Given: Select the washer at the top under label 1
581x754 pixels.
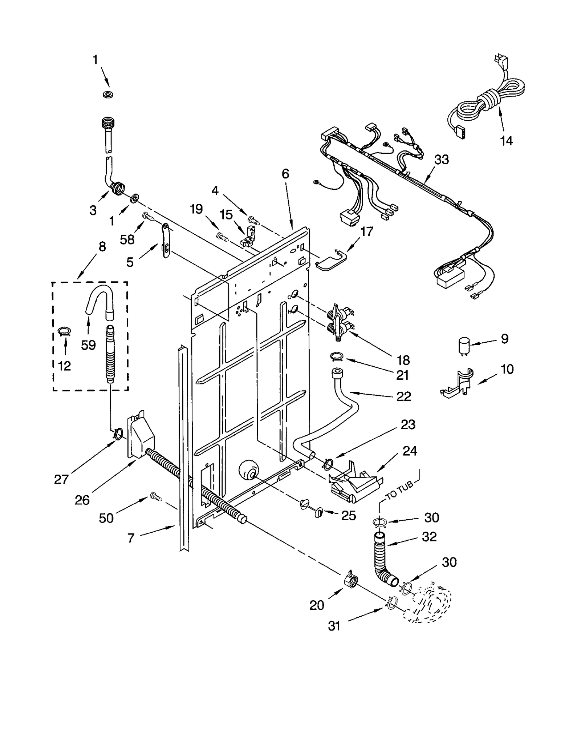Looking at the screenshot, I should coord(107,95).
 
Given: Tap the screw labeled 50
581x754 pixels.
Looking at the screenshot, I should coord(155,496).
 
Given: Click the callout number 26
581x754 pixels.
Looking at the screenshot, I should coord(82,500).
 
